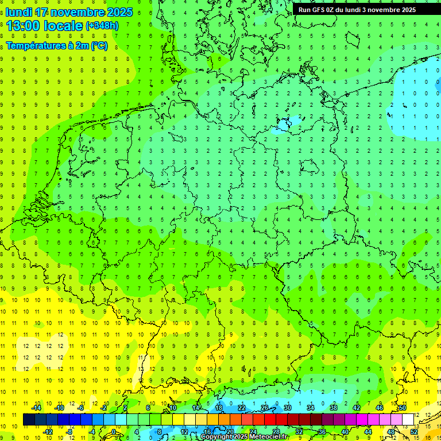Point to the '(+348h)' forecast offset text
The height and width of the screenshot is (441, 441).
(102, 26)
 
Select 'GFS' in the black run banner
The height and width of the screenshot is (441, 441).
(322, 10)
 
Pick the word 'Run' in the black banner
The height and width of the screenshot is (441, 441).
(305, 10)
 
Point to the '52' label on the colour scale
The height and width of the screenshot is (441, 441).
(413, 432)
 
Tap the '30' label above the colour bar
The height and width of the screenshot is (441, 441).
(287, 408)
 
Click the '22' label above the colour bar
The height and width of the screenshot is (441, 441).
(242, 408)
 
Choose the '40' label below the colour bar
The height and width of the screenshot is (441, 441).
(345, 432)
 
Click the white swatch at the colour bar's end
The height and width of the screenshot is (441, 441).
(408, 420)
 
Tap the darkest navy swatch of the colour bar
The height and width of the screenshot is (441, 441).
(29, 420)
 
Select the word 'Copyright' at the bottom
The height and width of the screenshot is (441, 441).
(215, 437)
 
